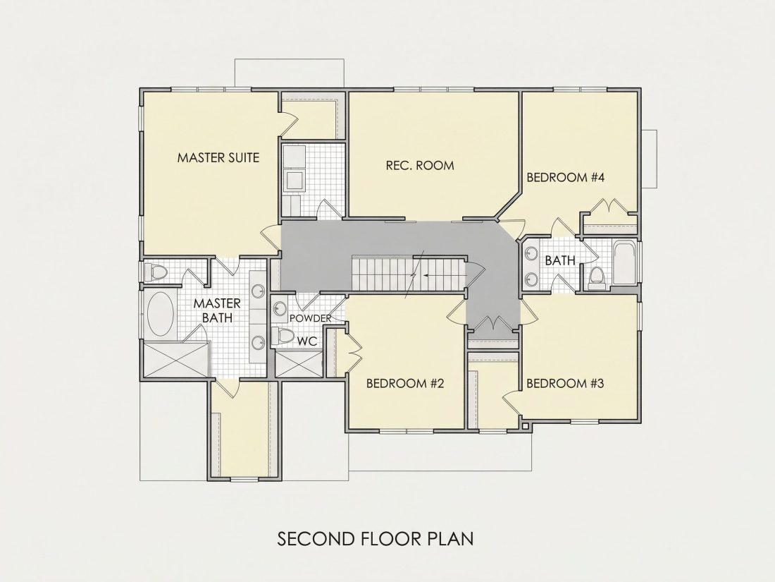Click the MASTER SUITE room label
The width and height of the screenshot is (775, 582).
click(218, 157)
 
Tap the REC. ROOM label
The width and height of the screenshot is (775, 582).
click(420, 165)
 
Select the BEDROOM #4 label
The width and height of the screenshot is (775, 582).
click(566, 177)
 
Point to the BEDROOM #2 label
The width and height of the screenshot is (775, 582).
click(405, 383)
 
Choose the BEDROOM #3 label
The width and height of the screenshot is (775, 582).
click(565, 383)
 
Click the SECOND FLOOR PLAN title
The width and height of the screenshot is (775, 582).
click(375, 538)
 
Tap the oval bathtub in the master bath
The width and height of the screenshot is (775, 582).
click(161, 314)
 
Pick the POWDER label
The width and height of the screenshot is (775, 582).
click(310, 318)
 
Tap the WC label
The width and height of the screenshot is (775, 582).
click(306, 341)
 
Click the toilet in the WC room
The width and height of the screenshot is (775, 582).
click(283, 337)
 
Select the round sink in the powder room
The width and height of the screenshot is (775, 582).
click(280, 309)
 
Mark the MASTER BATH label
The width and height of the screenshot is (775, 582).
click(217, 310)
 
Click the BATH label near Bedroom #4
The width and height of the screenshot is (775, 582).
click(560, 260)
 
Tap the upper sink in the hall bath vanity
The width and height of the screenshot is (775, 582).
click(532, 253)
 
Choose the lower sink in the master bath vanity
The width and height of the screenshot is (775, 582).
click(258, 342)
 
